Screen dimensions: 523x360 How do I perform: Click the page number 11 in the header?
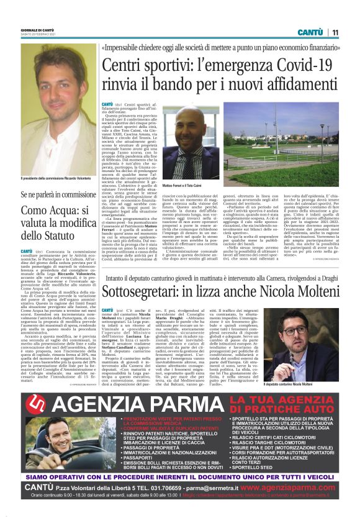click(335, 32)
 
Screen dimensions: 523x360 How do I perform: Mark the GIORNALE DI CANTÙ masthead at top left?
click(38, 33)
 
